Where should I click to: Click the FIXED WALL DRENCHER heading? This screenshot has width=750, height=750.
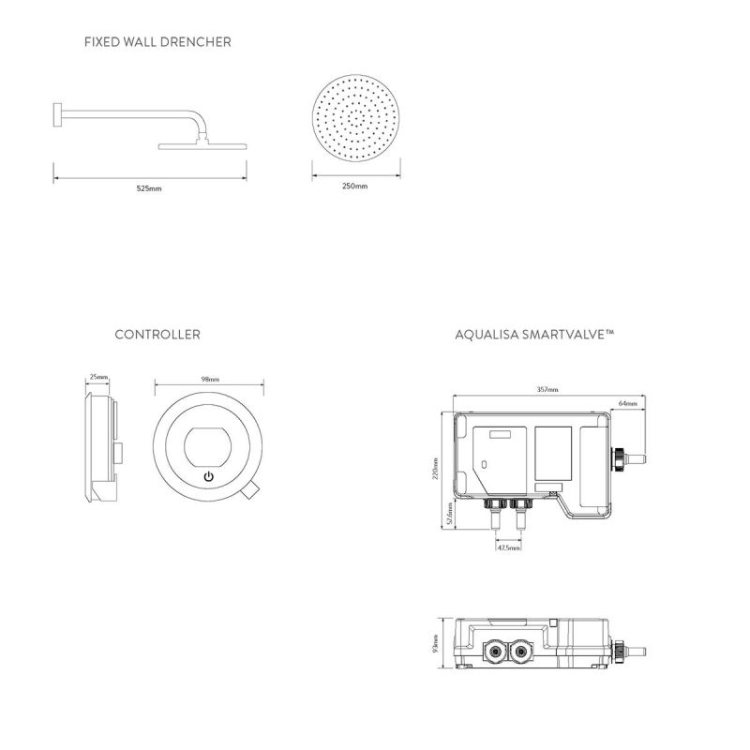[x=157, y=42]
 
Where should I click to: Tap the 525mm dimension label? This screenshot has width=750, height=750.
[x=149, y=188]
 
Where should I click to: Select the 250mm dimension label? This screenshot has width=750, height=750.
[x=355, y=186]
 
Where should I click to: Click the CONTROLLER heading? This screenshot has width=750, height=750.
[x=157, y=335]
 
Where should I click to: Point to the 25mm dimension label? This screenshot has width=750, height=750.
[x=98, y=377]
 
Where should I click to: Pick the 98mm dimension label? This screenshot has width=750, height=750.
[x=210, y=379]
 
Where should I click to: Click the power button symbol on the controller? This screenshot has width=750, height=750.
[x=208, y=476]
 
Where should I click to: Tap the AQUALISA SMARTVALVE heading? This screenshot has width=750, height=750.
[x=534, y=335]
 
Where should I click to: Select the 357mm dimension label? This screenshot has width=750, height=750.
[x=547, y=389]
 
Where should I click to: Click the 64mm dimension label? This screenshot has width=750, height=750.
[x=627, y=403]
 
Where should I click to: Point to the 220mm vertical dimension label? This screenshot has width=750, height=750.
[x=435, y=469]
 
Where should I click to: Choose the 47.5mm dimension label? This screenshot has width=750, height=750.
[x=508, y=547]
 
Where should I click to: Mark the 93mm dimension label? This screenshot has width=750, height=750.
[x=435, y=643]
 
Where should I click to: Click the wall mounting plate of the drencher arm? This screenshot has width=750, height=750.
[x=56, y=114]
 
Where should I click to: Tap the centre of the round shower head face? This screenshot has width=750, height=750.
[x=355, y=118]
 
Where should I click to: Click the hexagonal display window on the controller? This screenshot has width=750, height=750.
[x=208, y=447]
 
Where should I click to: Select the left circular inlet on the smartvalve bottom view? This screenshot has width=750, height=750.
[x=494, y=651]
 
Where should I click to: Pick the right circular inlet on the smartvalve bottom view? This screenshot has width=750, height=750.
[x=520, y=651]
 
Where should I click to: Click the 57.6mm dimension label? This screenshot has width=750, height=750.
[x=449, y=514]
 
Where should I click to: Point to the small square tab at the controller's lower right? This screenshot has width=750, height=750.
[x=249, y=491]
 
